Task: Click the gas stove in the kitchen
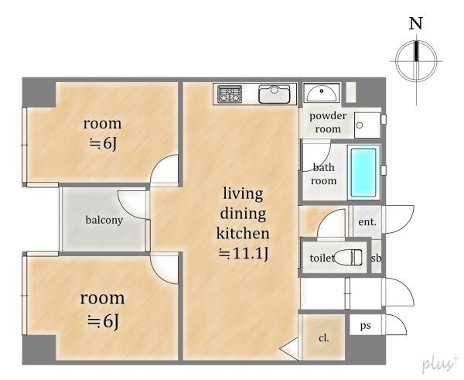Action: tap(230, 94)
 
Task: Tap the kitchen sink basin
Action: tap(275, 94)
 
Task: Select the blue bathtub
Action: tap(363, 172)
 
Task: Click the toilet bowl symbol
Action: tap(348, 258)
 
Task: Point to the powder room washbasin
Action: tap(322, 94)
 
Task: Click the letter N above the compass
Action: tap(416, 23)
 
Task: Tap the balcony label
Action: tap(104, 220)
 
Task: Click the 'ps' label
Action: tap(366, 326)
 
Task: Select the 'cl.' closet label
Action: tap(324, 338)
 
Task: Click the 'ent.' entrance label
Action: tap(367, 221)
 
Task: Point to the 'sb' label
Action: tap(376, 258)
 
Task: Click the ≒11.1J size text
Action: tap(244, 254)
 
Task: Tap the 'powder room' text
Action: tap(328, 122)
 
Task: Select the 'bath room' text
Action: tap(324, 174)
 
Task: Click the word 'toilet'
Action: tap(322, 258)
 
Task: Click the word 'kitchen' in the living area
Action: tap(243, 233)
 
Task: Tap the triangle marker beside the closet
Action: tap(289, 348)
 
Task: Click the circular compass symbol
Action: tap(417, 61)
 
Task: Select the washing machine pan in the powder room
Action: tap(367, 125)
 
